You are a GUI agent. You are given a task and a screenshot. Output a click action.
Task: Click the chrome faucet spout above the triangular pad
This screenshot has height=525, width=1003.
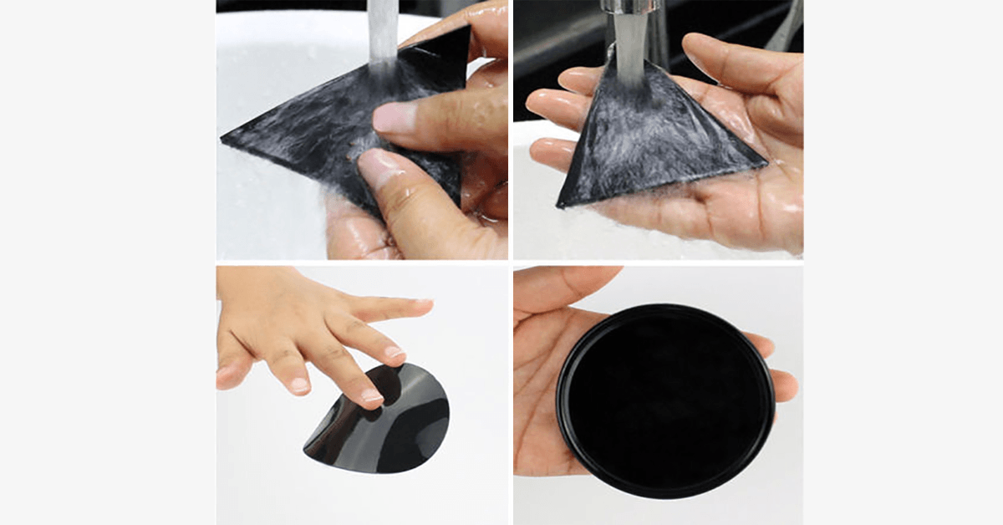click(x=632, y=7)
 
